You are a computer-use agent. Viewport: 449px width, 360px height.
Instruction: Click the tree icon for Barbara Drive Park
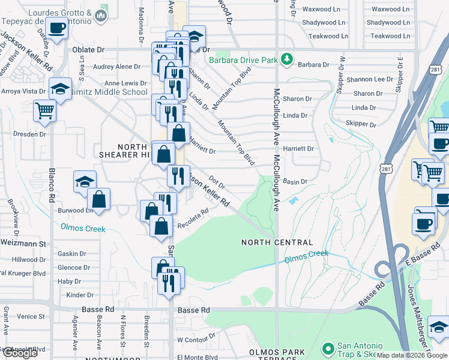[x=288, y=59]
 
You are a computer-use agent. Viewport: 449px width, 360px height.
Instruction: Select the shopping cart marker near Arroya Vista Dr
[x=44, y=110]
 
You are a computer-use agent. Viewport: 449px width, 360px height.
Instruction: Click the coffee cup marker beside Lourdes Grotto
[x=57, y=28]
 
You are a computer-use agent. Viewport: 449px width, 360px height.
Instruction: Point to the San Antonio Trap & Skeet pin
[x=328, y=349]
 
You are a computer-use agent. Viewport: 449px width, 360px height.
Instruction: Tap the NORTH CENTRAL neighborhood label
[x=277, y=242]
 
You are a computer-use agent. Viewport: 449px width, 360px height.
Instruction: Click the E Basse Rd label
[x=418, y=260]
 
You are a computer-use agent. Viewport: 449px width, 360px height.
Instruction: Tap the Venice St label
[x=31, y=316]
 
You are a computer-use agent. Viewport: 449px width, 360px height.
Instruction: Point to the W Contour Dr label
[x=196, y=340]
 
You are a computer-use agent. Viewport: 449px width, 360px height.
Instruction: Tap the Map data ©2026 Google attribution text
[x=411, y=355]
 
